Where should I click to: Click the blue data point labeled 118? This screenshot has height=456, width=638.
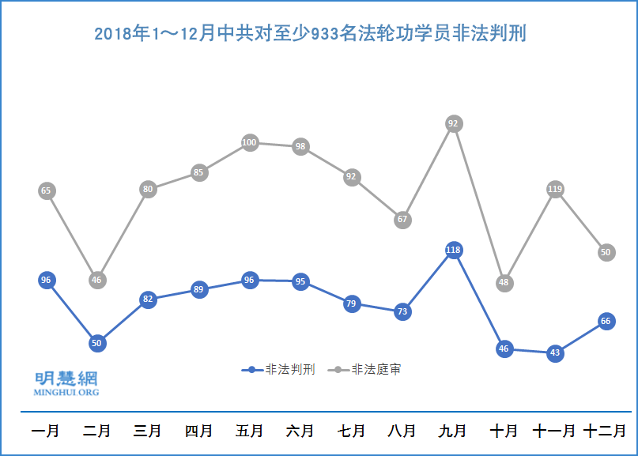click(x=453, y=251)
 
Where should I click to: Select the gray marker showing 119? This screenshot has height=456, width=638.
click(x=555, y=189)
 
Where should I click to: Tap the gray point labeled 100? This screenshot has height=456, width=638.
click(x=250, y=143)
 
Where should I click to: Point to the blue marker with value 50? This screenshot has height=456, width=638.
click(x=96, y=343)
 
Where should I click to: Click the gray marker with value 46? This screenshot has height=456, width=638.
click(x=96, y=280)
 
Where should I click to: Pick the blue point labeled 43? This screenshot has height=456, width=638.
click(x=555, y=352)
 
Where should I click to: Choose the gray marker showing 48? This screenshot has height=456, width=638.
click(x=504, y=282)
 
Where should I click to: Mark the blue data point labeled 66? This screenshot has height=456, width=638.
click(x=606, y=321)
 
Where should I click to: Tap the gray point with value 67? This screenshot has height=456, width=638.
click(x=402, y=219)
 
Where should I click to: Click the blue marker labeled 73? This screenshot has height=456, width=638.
click(x=402, y=311)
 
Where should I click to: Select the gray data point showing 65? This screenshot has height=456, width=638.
click(x=46, y=190)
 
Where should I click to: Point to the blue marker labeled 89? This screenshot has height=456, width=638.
click(x=198, y=289)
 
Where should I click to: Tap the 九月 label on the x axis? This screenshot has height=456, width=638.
click(x=453, y=432)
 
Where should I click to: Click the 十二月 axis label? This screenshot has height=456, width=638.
click(x=605, y=432)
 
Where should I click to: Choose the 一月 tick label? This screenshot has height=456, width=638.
click(x=46, y=432)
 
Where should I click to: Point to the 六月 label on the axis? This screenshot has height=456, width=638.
click(x=300, y=432)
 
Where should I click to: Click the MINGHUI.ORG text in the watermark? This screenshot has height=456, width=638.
click(x=66, y=392)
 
